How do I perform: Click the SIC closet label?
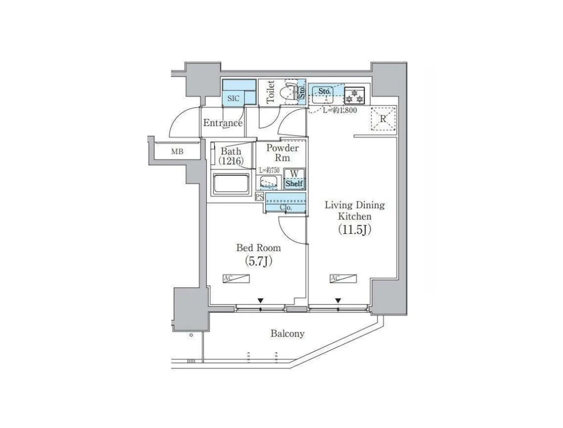pos(233,98)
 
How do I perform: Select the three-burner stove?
pos(354,95)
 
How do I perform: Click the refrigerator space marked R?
pos(383,119)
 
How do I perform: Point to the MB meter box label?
pos(177,152)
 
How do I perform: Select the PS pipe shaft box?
pos(259,197)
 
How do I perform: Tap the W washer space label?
pos(294,174)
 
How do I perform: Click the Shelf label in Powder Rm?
pos(294,183)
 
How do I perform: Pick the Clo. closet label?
pos(286,208)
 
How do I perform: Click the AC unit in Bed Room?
pos(236,278)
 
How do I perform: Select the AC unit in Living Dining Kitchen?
pos(343,278)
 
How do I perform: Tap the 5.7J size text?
pos(258,261)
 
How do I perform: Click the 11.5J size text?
pos(354,230)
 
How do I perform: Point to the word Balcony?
pos(287,334)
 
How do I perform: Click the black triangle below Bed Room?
pos(260,301)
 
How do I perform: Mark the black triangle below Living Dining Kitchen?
pos(338,301)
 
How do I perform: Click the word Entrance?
pos(223,123)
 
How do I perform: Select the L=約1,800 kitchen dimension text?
pos(340,110)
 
